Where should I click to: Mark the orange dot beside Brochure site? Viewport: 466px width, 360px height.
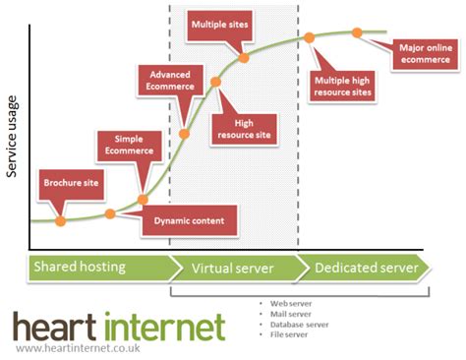click(61, 220)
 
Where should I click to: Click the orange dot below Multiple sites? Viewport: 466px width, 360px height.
click(244, 58)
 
